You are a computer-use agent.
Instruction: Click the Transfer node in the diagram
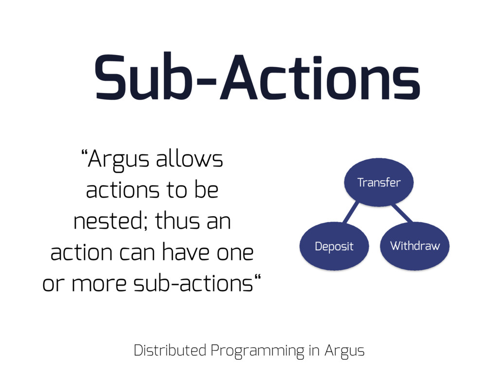379,182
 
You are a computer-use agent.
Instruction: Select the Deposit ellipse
334,246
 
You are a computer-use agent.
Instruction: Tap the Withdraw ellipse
415,246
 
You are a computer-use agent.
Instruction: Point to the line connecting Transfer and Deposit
351,212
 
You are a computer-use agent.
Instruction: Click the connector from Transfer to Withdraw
402,213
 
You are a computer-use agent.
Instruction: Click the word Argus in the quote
118,160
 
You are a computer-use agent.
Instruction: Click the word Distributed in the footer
170,350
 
